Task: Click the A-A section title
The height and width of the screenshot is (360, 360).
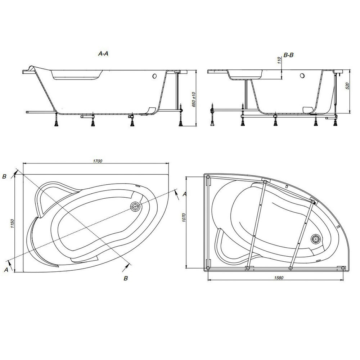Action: point(103,54)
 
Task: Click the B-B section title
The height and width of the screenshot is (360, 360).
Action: point(289,55)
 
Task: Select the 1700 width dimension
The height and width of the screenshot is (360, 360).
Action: point(97,161)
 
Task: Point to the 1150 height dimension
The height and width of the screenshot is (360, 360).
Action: point(12,224)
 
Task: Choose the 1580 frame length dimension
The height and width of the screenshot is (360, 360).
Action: point(279,278)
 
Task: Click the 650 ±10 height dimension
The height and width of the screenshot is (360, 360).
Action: point(194,99)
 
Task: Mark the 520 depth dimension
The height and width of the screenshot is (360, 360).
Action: point(347,86)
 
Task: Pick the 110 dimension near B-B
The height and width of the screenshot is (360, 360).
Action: point(279,60)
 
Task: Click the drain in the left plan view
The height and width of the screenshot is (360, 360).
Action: point(136,206)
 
